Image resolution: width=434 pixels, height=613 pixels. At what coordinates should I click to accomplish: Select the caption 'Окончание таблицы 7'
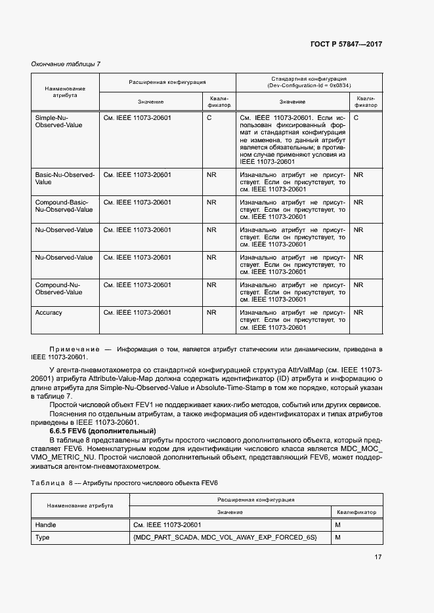tap(66, 64)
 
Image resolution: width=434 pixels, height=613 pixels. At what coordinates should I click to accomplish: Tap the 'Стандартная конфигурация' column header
tap(309, 79)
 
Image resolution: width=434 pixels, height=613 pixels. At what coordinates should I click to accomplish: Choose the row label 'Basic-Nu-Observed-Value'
tap(65, 178)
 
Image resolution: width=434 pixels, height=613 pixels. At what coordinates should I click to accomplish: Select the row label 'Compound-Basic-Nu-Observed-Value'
tap(64, 206)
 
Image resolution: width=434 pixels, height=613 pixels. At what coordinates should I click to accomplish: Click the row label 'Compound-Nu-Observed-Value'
tap(58, 288)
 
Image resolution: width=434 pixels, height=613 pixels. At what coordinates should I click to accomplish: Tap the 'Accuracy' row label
tap(49, 313)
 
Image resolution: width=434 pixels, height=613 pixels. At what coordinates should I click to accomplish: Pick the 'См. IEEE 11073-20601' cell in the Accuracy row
tap(137, 313)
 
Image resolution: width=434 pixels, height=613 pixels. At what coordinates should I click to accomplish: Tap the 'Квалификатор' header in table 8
tap(357, 511)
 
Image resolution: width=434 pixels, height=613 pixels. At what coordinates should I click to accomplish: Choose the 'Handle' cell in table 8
tap(45, 524)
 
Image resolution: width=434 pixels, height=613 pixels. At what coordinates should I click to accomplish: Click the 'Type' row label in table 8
tap(43, 538)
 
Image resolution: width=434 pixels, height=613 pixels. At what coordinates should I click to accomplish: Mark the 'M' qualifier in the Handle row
tap(338, 524)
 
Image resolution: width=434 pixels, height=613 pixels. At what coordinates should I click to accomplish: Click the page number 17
tap(378, 557)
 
